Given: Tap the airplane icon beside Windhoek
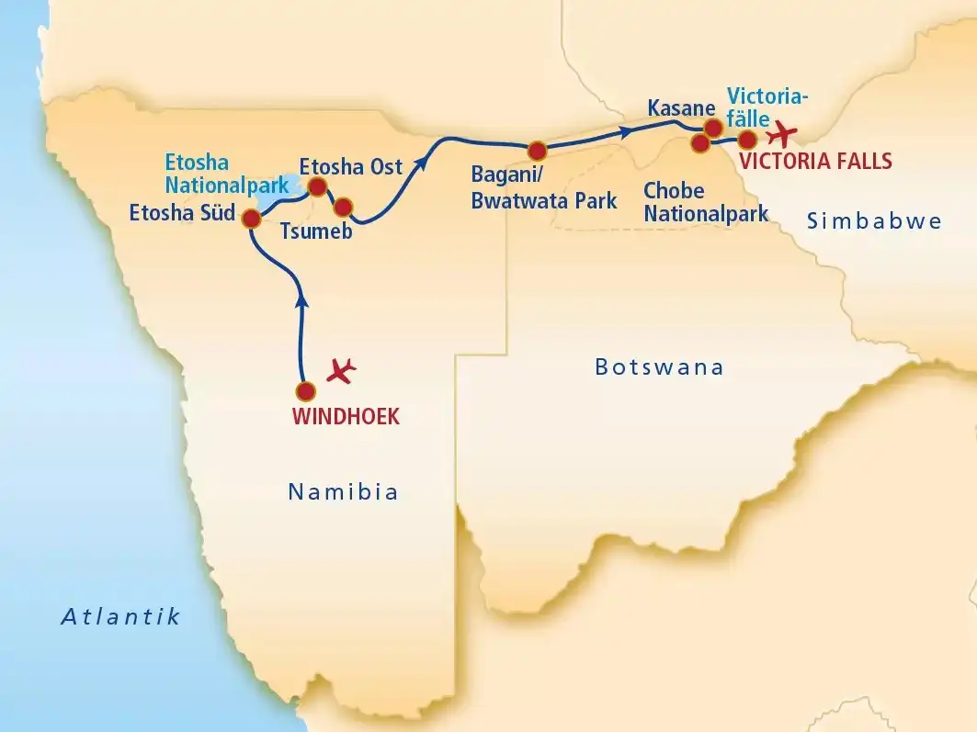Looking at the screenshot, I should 342,370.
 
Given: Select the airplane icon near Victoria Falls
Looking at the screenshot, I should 784,134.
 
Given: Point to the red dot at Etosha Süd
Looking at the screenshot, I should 250,219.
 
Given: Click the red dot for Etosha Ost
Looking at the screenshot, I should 317,187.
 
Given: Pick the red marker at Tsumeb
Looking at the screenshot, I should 343,207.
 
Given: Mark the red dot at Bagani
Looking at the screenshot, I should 537,150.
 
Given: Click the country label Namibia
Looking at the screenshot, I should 343,492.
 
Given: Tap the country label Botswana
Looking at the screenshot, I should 659,368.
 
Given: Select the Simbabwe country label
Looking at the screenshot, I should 873,220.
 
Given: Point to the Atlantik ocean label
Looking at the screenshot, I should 120,617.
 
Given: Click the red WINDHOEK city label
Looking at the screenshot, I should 346,417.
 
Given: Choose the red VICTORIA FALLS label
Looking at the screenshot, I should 816,162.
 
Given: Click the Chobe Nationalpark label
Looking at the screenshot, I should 706,202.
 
